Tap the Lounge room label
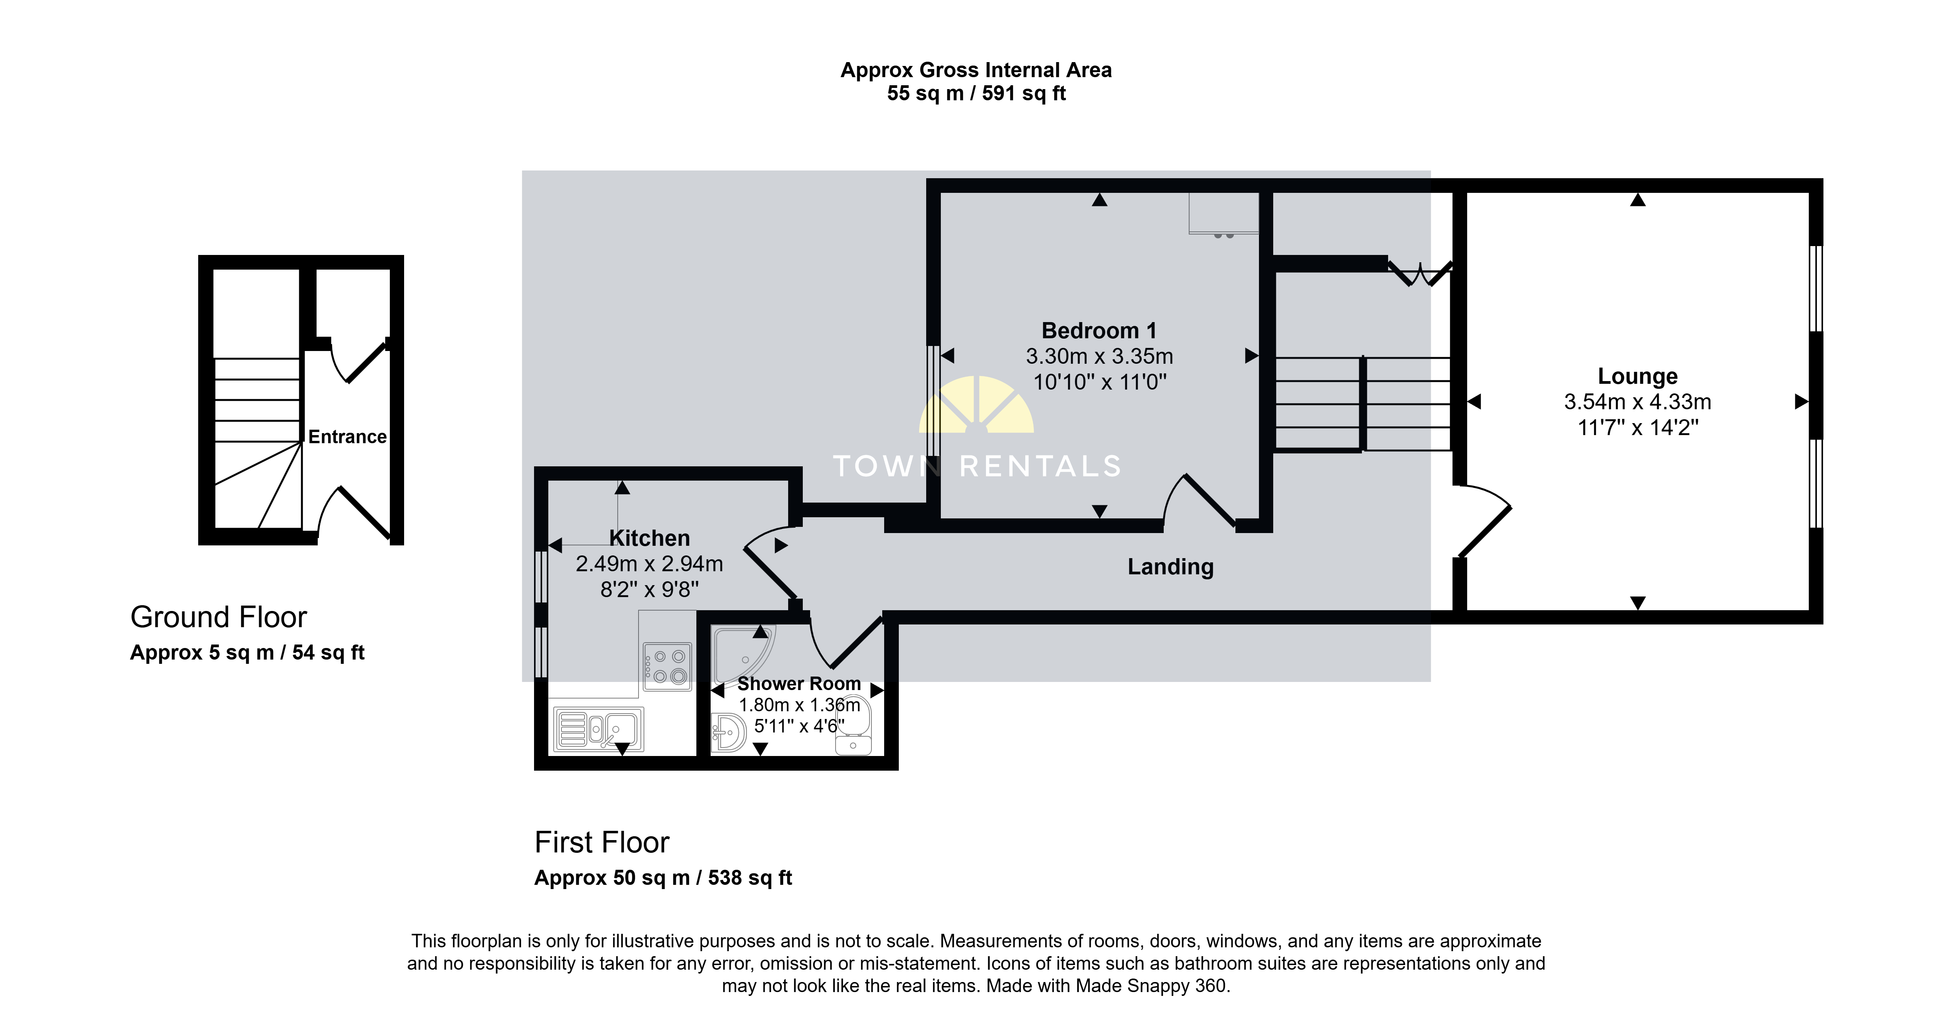point(1638,376)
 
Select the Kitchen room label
point(650,538)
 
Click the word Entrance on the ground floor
point(347,437)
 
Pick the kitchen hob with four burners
point(667,667)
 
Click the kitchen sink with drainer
point(598,729)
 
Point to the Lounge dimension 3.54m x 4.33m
point(1638,402)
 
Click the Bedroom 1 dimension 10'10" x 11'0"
point(1099,382)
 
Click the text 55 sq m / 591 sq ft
point(976,93)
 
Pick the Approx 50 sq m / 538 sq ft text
point(663,878)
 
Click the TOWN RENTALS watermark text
point(976,466)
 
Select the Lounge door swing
point(1485,520)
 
